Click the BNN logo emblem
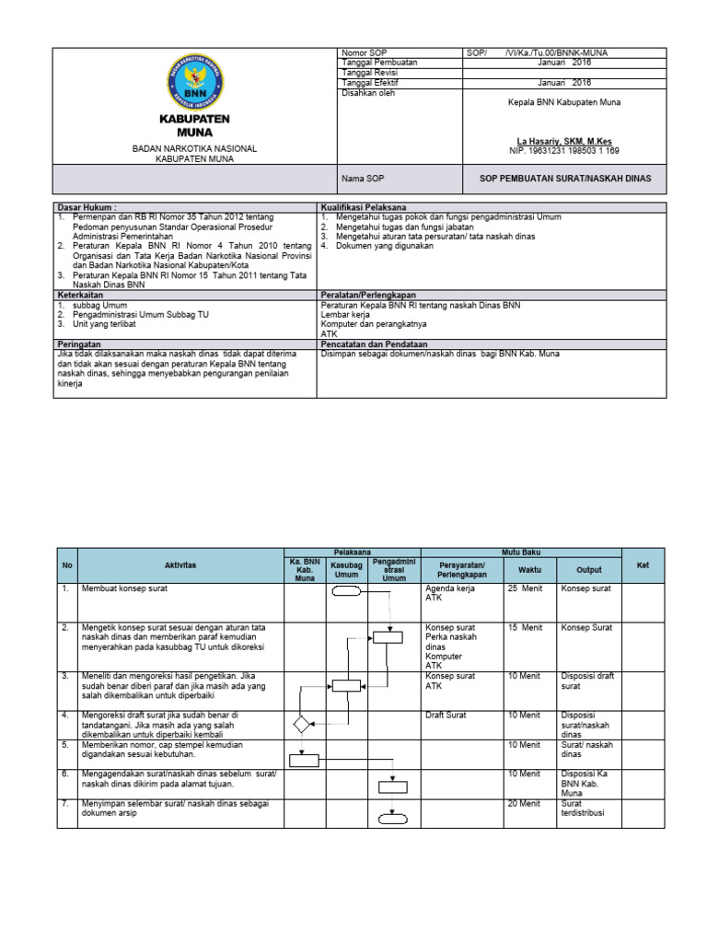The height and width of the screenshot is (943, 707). pyautogui.click(x=194, y=81)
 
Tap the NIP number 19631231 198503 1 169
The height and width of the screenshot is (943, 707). pyautogui.click(x=564, y=150)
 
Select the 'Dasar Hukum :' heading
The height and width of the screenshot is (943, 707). pyautogui.click(x=88, y=208)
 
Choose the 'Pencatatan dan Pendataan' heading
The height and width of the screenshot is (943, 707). pyautogui.click(x=374, y=343)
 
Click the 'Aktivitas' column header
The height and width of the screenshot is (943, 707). pyautogui.click(x=180, y=565)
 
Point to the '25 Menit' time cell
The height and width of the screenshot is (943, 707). pyautogui.click(x=525, y=588)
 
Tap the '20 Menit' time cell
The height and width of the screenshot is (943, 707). pyautogui.click(x=525, y=804)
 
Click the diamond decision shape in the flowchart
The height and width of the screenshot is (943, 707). pyautogui.click(x=303, y=724)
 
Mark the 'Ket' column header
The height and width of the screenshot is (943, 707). pyautogui.click(x=643, y=565)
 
